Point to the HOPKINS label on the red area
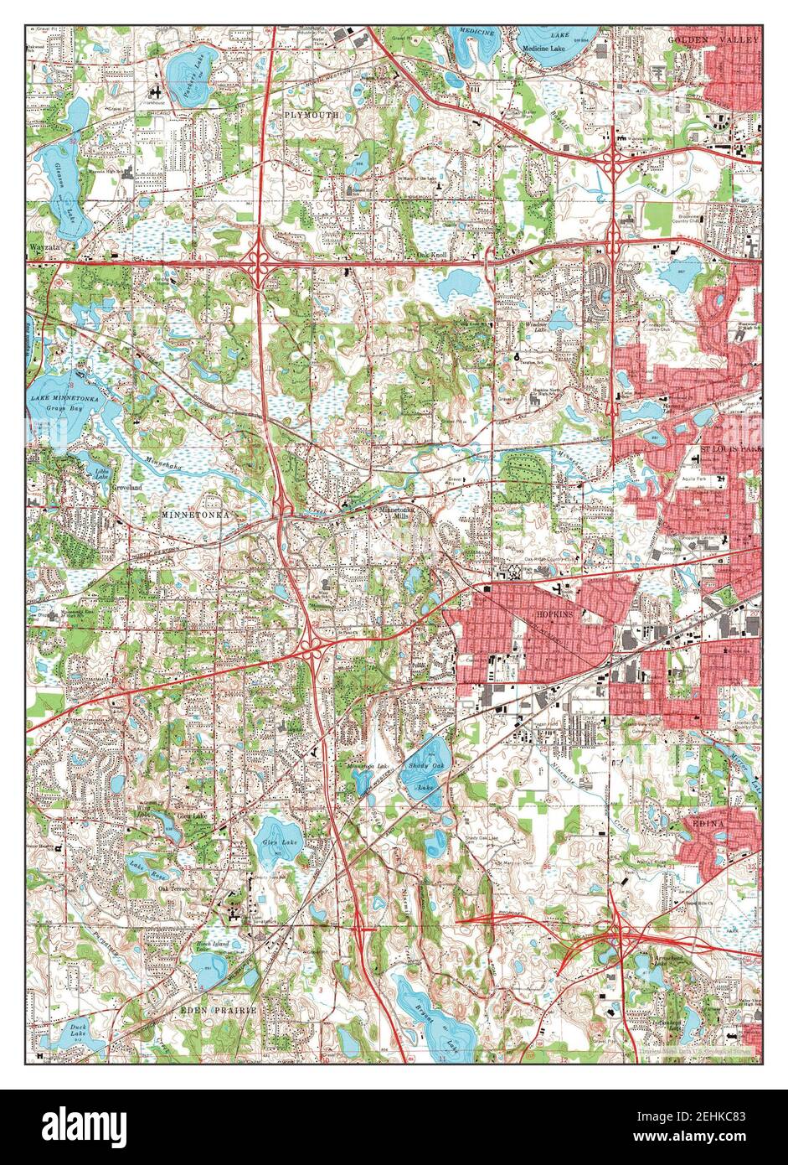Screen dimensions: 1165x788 552,614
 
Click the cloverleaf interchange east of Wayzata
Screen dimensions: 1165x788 258,261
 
